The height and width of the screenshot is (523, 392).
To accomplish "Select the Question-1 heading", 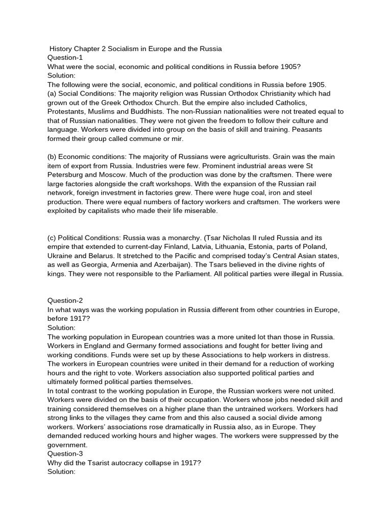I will click(x=65, y=58).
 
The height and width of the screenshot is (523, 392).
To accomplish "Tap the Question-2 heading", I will click(x=65, y=301).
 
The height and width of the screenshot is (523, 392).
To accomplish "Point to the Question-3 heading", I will click(x=65, y=454).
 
